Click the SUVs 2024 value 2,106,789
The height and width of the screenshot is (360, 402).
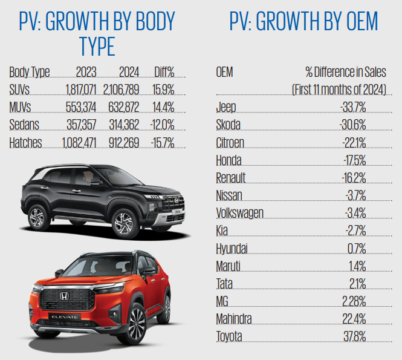(122, 90)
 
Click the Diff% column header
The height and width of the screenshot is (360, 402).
(164, 73)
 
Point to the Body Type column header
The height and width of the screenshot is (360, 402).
(30, 73)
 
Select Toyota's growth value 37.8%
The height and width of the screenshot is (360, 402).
(352, 336)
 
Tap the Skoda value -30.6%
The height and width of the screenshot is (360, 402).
(353, 125)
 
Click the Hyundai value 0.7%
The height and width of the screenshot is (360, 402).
(356, 248)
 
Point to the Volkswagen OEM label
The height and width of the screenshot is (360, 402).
(239, 213)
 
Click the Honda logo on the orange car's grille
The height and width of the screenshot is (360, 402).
(62, 296)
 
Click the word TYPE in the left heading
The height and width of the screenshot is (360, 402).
(97, 45)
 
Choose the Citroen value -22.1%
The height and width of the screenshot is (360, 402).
(353, 143)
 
